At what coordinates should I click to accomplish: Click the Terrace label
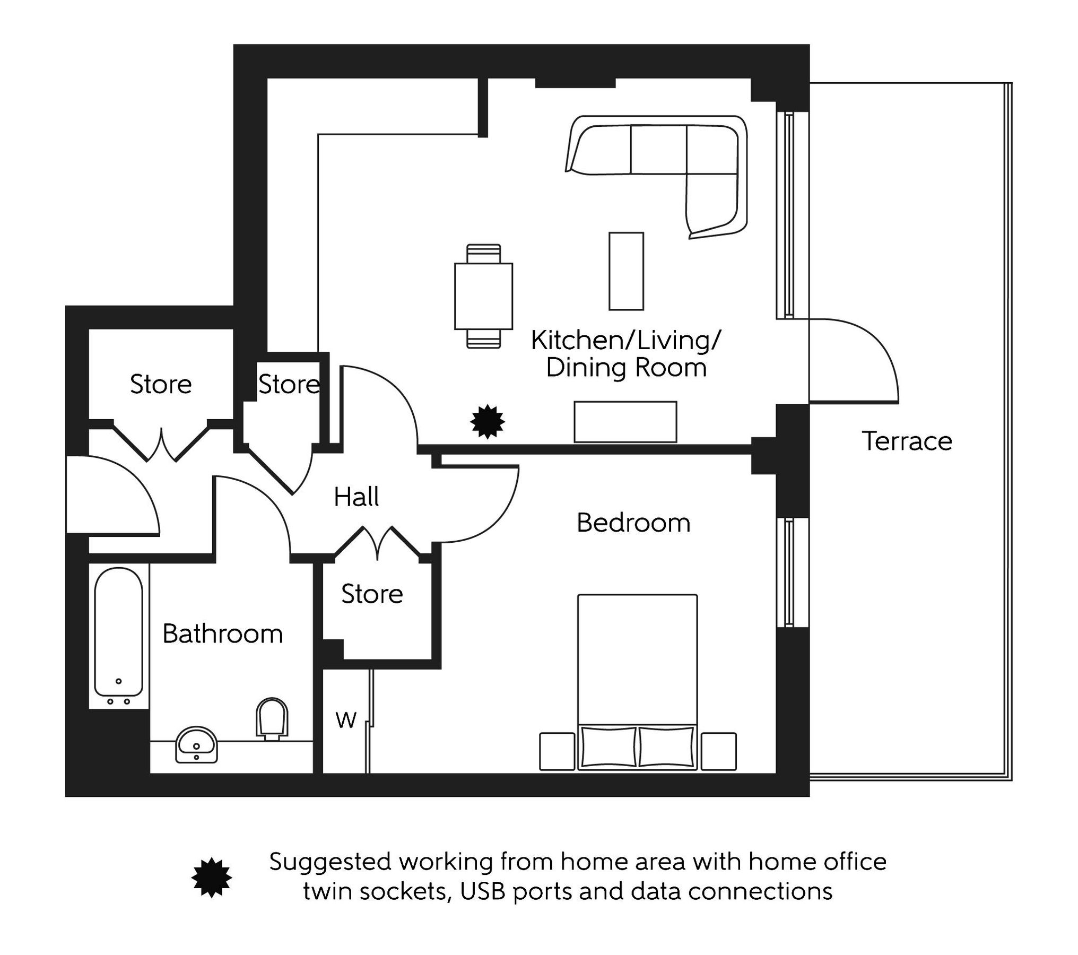tap(906, 441)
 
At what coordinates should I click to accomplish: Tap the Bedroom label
tap(633, 523)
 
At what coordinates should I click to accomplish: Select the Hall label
tap(356, 497)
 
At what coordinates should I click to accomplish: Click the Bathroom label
tap(222, 634)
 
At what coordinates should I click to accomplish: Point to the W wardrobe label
tap(346, 720)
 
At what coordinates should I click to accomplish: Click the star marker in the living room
tap(488, 422)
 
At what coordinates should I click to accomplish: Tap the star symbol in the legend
tap(211, 877)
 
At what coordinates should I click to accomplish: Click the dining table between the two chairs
tap(483, 296)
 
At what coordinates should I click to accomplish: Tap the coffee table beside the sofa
tap(626, 271)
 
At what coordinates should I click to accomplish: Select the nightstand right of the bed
tap(718, 751)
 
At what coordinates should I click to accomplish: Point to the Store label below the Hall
tap(372, 594)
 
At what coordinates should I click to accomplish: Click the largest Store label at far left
tap(160, 385)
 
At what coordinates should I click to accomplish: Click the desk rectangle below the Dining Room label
tap(625, 422)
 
